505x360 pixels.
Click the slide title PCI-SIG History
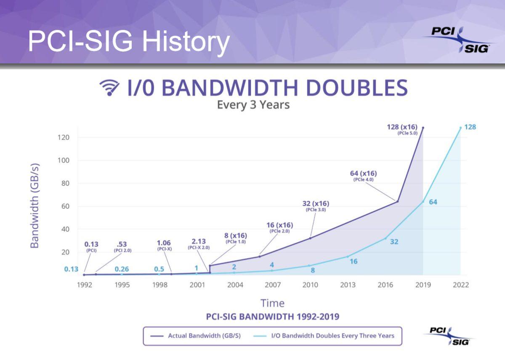click(129, 41)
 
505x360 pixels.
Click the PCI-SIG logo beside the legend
click(449, 336)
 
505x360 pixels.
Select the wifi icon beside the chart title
click(109, 88)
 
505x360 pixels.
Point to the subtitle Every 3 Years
click(253, 104)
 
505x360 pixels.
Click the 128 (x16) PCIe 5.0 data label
click(402, 129)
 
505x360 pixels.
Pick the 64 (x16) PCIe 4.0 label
click(363, 176)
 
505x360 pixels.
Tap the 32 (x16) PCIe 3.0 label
click(316, 206)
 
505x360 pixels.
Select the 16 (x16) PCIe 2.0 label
click(279, 227)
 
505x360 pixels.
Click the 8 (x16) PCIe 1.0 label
click(235, 238)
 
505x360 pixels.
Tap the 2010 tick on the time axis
click(310, 285)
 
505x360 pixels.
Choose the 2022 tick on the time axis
click(460, 285)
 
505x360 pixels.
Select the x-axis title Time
click(272, 303)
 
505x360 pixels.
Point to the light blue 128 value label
click(470, 127)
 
